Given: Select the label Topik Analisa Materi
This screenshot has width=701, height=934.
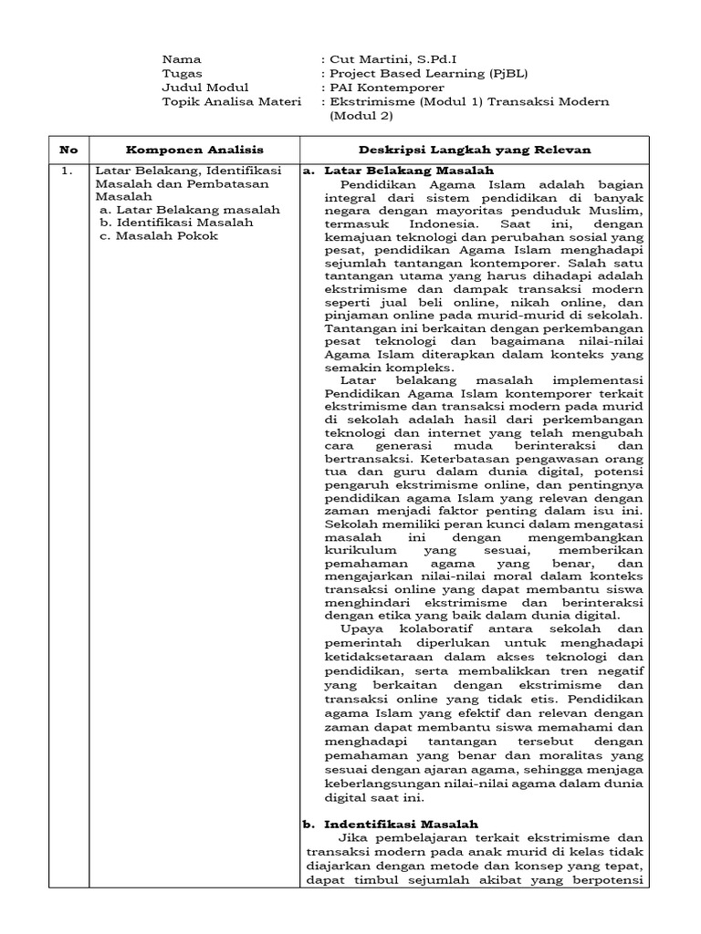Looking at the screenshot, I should pyautogui.click(x=230, y=101).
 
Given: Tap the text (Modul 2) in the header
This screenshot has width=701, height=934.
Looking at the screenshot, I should pyautogui.click(x=361, y=116).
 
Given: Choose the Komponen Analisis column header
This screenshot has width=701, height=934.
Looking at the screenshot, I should pyautogui.click(x=194, y=149).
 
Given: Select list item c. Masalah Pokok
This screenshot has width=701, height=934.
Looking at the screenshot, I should pyautogui.click(x=160, y=235).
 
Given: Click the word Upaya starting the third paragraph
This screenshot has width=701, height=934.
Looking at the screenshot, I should pyautogui.click(x=359, y=629).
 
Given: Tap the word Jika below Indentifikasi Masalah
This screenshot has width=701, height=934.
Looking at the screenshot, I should pyautogui.click(x=353, y=836).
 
